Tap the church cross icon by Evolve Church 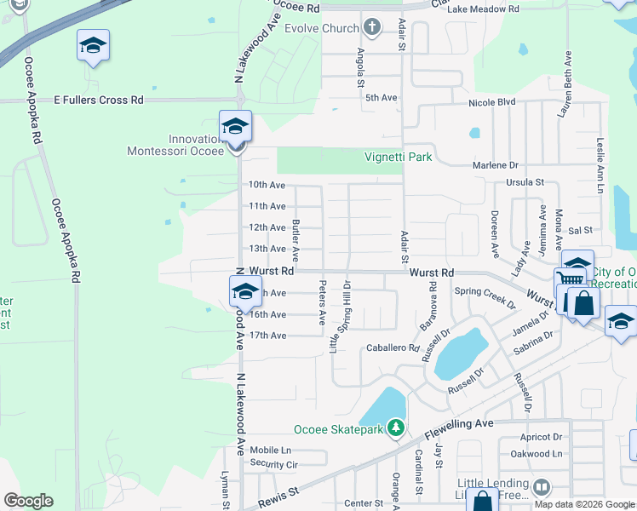371,28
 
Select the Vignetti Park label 399,157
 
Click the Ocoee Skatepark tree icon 395,427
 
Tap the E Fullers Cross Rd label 99,100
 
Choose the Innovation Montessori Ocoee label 175,145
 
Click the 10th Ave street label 267,185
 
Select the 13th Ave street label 267,249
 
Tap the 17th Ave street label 267,336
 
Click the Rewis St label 282,491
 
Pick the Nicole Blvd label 492,102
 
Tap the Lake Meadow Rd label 483,9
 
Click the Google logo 28,501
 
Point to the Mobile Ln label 270,450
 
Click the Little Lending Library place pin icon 542,486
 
